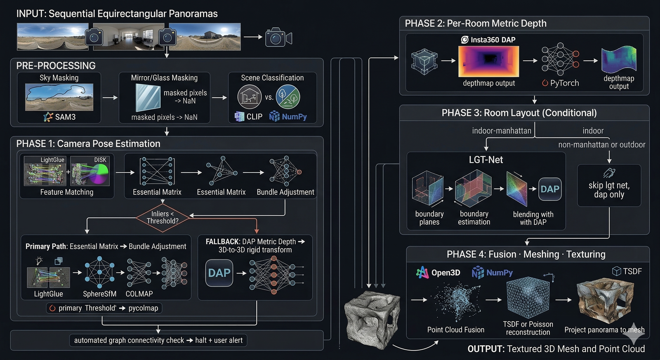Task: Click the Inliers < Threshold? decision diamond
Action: click(163, 217)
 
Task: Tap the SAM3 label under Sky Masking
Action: click(65, 117)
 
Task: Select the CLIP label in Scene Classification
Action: click(254, 117)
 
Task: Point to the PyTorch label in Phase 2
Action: click(564, 83)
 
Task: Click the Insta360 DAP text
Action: click(493, 40)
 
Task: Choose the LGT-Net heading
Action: click(486, 160)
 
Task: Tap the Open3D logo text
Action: click(445, 273)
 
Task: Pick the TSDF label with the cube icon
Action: click(632, 271)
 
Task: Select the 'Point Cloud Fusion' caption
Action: click(455, 329)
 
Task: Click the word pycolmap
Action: click(143, 308)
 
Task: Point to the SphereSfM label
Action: click(99, 294)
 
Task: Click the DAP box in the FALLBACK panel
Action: click(219, 273)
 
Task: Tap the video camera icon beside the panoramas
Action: click(278, 38)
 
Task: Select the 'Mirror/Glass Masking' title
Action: click(164, 78)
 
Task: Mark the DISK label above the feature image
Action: click(100, 160)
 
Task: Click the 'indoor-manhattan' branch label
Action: click(501, 131)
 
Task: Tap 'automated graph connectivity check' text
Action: click(129, 340)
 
